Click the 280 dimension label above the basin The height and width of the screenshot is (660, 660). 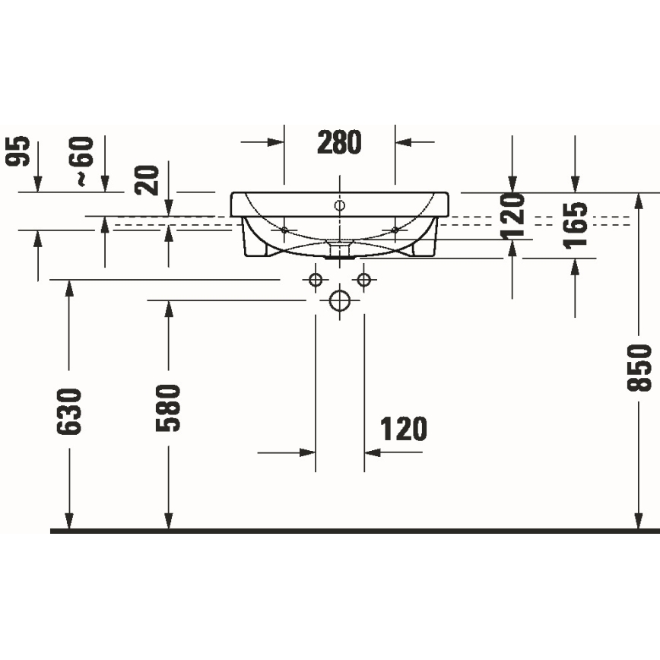[339, 142]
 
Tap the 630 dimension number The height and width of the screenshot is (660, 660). [69, 411]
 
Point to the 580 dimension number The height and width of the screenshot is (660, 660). [168, 408]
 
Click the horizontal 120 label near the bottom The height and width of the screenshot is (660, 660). [403, 430]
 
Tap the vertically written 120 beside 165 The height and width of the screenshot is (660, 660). [515, 216]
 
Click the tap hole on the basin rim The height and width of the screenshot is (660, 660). [340, 205]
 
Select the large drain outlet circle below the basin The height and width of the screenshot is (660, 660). [340, 300]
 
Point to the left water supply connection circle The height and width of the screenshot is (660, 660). [316, 280]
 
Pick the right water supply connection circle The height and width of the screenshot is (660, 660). [364, 280]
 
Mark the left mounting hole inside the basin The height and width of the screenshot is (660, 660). [284, 230]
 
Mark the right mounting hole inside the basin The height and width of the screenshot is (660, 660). [395, 230]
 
